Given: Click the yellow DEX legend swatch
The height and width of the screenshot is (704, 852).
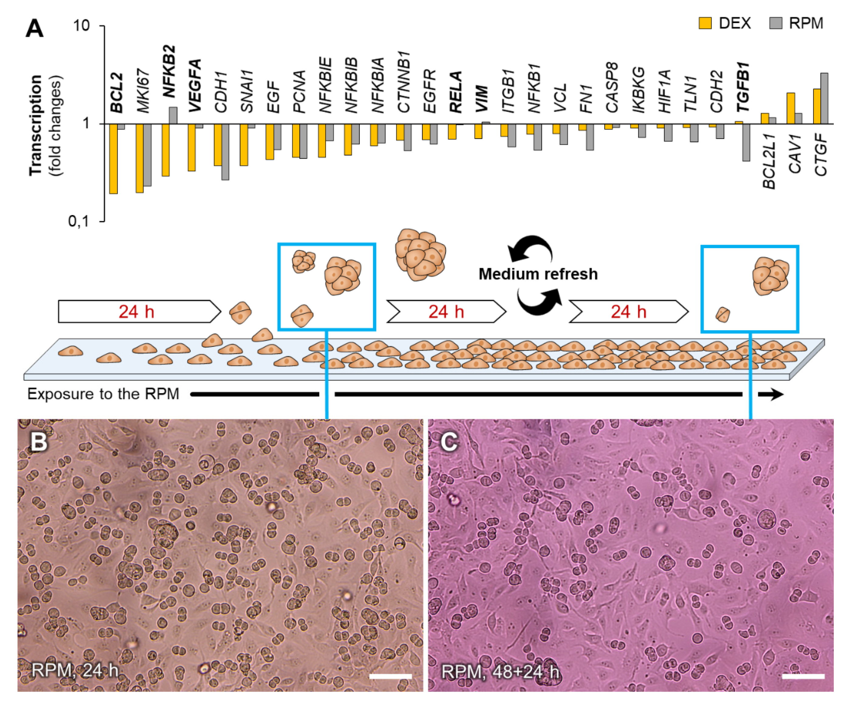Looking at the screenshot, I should click(x=705, y=23).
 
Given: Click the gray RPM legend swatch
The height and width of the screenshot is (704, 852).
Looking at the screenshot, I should click(x=775, y=23).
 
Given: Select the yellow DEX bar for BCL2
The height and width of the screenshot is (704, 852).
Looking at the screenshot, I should click(x=113, y=159).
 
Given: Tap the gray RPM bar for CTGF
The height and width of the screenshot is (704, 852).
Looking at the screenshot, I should click(x=824, y=98).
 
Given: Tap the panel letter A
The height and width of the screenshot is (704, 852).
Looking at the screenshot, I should click(x=34, y=29).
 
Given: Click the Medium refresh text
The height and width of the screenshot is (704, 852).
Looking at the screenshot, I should click(x=538, y=274).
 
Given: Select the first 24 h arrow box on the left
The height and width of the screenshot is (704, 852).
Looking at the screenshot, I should click(x=137, y=312).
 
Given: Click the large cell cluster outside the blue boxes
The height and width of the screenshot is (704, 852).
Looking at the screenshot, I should click(x=420, y=255).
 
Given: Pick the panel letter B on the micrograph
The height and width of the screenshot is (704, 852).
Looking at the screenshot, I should click(x=39, y=442).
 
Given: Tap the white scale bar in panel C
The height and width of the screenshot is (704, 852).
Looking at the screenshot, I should click(x=803, y=676).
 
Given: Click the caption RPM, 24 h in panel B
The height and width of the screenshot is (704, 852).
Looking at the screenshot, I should click(x=75, y=670).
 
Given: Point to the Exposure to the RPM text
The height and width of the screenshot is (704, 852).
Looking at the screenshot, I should click(x=103, y=394).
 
